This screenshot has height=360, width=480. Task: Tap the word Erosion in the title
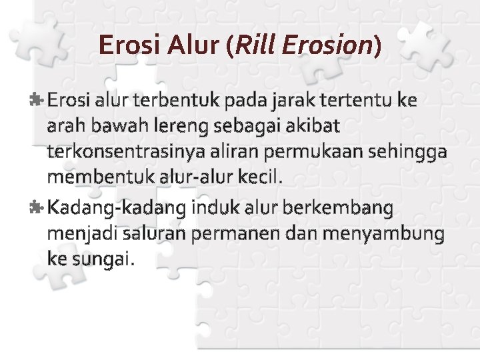point(327,45)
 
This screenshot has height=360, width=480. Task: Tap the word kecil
point(263,177)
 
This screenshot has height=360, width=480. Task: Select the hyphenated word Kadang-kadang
point(117,209)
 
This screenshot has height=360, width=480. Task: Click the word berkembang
point(338,209)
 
